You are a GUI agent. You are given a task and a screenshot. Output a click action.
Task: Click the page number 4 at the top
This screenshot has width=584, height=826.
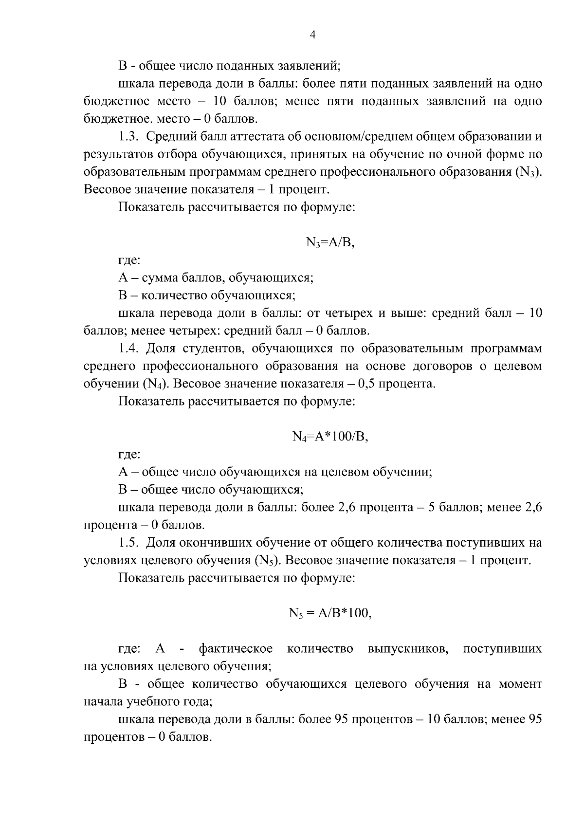click(x=312, y=35)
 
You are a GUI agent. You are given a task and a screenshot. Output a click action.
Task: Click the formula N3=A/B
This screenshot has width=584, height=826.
click(x=330, y=242)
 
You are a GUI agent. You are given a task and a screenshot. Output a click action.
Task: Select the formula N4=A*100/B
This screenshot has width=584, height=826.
click(x=330, y=437)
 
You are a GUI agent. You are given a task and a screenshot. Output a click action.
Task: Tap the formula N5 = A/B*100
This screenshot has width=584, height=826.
click(x=330, y=613)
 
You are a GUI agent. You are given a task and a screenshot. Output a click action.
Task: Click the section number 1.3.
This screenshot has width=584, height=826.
click(x=129, y=137)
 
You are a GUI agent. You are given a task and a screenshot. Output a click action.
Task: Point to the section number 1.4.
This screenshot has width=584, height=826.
click(x=129, y=349)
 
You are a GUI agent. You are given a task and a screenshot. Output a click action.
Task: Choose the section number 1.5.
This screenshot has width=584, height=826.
click(x=129, y=542)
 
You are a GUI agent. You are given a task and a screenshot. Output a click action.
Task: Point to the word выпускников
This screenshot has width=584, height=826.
click(x=408, y=649)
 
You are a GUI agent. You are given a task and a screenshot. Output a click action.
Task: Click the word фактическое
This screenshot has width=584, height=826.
click(x=236, y=649)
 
